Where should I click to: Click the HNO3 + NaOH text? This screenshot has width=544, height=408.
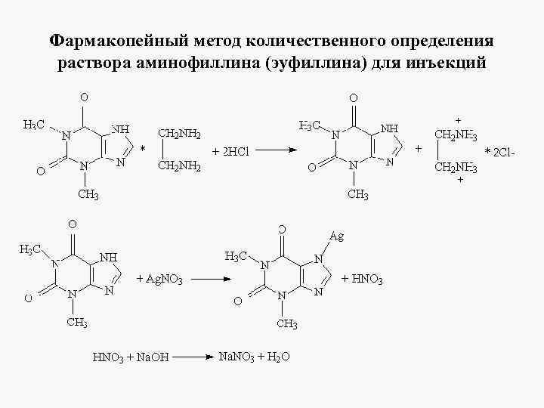coord(131,357)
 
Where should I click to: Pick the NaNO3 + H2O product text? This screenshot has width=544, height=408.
coord(254,356)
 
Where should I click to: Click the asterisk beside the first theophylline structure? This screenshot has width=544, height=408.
coord(143,148)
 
